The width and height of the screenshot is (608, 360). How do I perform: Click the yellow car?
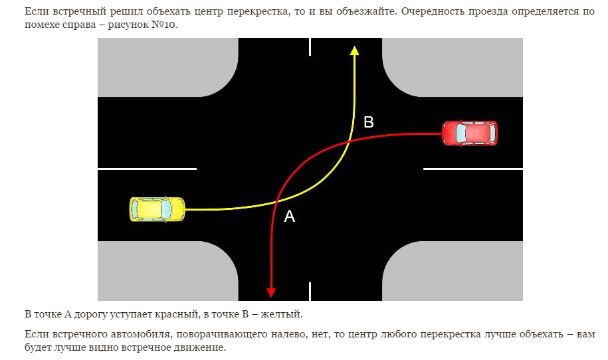[157, 209]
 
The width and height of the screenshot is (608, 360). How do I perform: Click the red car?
[470, 133]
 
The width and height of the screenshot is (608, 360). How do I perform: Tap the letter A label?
[289, 216]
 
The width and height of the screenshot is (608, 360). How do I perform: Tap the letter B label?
[369, 122]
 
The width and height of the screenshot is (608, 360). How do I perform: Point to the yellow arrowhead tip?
[355, 48]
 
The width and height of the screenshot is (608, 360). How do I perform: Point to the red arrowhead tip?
[271, 294]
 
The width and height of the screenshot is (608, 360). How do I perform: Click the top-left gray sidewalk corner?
[166, 66]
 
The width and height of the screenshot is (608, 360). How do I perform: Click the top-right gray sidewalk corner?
[452, 66]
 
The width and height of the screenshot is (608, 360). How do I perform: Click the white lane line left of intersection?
[147, 169]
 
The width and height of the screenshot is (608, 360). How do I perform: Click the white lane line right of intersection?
[472, 169]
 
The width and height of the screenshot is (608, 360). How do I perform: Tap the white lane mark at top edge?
[310, 46]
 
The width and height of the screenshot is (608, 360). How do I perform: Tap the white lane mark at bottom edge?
[310, 291]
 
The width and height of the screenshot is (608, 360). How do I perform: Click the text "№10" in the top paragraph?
[165, 25]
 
